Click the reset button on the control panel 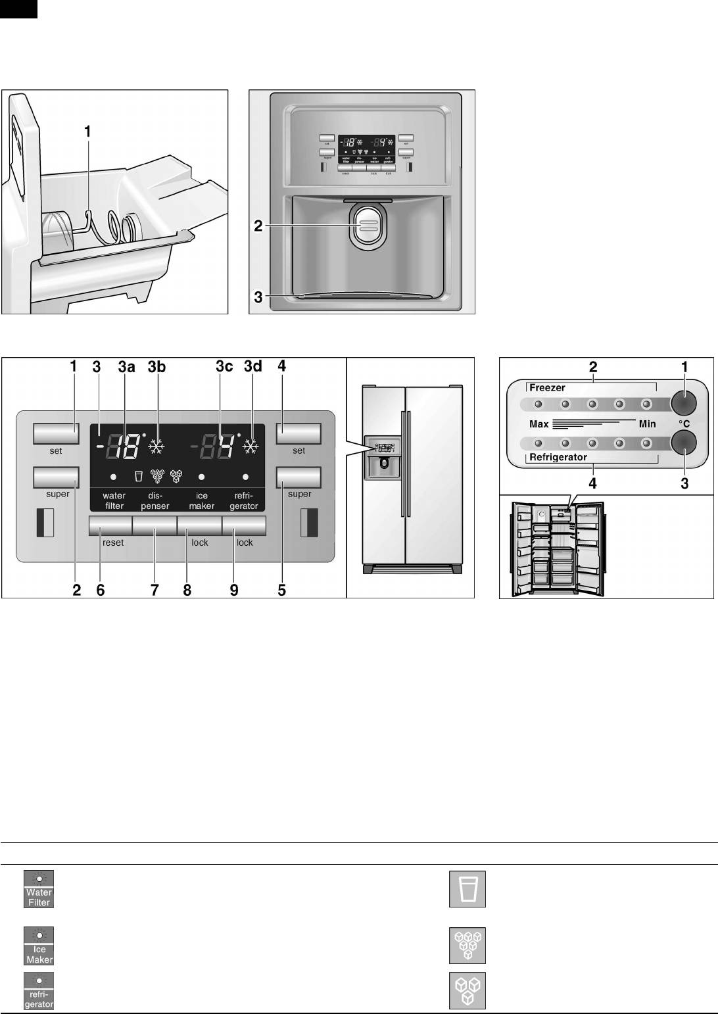(110, 527)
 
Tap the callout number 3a (126, 367)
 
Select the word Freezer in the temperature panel (547, 388)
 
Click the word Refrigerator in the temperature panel (558, 457)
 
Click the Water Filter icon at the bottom (39, 889)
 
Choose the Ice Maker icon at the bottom (39, 946)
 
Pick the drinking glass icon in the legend (467, 889)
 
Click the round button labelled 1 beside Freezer (684, 403)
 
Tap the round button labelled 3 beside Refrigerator (684, 443)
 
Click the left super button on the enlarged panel (56, 477)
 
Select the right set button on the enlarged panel (299, 433)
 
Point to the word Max (538, 424)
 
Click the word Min (647, 424)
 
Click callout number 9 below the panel (234, 590)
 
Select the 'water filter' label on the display (114, 501)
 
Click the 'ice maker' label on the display (202, 501)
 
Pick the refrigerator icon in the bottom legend (39, 991)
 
